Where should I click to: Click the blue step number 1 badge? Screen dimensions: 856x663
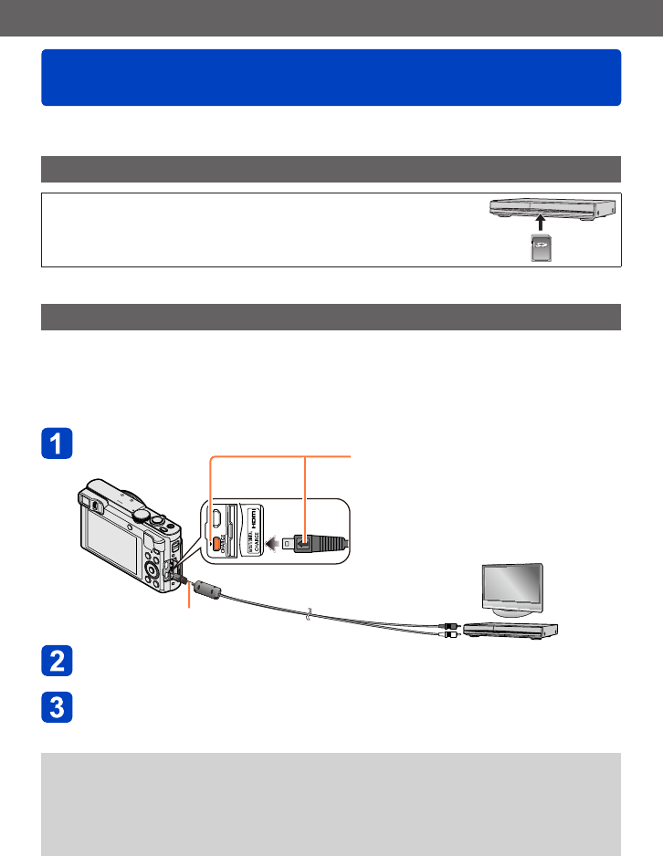click(57, 444)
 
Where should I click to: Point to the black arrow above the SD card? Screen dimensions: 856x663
click(541, 223)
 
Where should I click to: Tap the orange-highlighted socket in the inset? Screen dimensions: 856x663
click(217, 543)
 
